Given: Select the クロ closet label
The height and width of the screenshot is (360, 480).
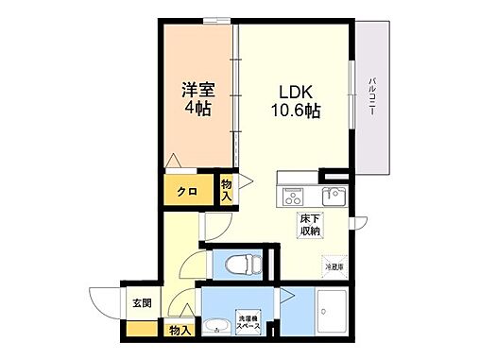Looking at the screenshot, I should (x=187, y=192).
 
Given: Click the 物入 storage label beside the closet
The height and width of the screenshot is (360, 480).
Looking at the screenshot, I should (x=226, y=189).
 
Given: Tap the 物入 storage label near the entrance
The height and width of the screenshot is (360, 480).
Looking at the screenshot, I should (x=179, y=330).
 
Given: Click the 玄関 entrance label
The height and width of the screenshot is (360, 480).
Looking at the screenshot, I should (x=141, y=303).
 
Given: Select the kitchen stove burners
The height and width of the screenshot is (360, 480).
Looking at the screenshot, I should (x=292, y=197).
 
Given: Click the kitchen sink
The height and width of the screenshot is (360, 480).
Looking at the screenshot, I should (x=332, y=197).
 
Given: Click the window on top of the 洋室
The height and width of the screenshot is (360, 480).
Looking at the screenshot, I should (x=216, y=19).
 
